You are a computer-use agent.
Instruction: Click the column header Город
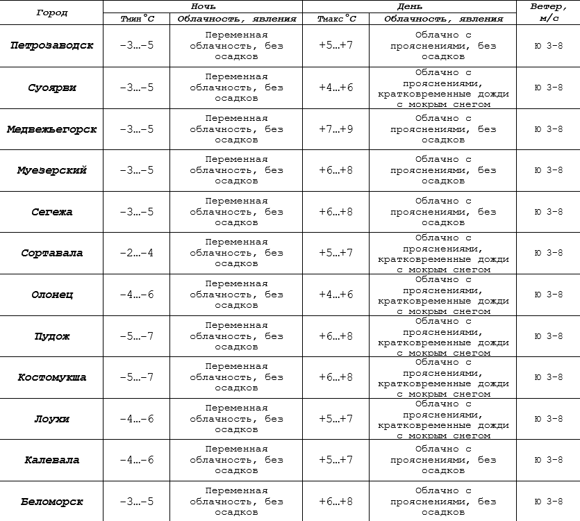52,13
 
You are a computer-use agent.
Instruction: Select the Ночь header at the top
203,6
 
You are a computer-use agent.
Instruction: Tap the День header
409,6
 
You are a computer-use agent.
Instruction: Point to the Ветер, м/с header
548,12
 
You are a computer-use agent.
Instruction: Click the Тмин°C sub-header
137,19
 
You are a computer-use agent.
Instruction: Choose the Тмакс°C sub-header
335,19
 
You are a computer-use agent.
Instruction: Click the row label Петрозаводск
52,46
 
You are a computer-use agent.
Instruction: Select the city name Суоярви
52,88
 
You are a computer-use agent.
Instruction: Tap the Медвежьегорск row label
52,129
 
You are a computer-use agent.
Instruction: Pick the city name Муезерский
52,170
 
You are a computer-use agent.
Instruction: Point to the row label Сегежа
52,212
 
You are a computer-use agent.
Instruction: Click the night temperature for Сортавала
137,253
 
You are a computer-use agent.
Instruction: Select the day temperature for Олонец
335,295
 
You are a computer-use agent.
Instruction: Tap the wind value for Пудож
548,336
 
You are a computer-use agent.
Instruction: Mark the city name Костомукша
52,377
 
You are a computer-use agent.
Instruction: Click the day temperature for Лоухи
335,419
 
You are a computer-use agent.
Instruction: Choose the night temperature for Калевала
137,460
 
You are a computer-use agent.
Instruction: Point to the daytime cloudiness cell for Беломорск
443,502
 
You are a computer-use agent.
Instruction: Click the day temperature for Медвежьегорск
335,129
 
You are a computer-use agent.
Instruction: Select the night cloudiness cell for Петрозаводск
236,46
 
